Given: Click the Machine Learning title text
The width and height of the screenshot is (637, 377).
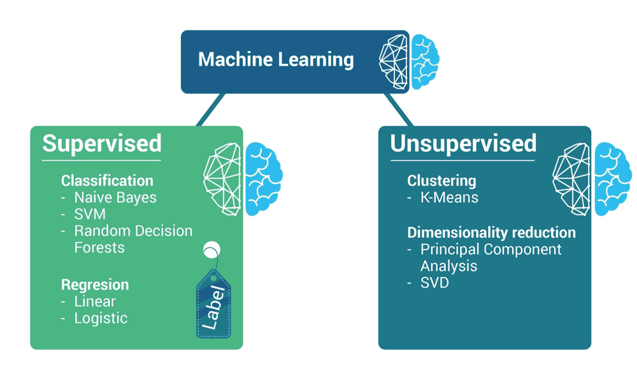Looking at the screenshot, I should (276, 60).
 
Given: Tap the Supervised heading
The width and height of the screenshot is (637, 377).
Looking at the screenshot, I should (102, 144).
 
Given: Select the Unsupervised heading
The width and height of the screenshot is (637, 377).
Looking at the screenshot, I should (463, 144).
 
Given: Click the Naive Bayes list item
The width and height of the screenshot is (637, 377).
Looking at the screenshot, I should (115, 198).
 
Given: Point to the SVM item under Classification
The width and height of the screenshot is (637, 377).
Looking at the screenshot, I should (90, 214).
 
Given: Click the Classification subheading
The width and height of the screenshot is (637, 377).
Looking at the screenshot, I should (107, 181).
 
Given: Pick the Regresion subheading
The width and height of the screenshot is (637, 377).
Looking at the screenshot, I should (95, 285).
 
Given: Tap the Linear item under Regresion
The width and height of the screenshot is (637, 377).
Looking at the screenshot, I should (95, 301).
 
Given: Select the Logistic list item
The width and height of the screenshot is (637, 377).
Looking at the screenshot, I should (101, 318).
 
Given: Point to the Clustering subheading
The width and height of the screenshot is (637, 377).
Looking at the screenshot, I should (441, 181).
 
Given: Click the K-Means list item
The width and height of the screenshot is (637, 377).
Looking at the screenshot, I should (449, 198).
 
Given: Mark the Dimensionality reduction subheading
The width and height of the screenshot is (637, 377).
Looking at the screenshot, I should (491, 232).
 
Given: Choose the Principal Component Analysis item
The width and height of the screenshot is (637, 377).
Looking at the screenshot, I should (490, 257).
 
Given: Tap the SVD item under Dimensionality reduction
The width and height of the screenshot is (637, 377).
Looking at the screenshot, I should (434, 283).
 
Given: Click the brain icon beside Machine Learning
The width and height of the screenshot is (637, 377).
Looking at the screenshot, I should (409, 62).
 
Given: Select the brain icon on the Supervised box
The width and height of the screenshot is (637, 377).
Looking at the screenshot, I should (243, 179).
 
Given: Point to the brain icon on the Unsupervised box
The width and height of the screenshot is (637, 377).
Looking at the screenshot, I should (592, 179).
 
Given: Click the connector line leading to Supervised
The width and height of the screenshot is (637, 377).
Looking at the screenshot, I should (211, 110).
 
